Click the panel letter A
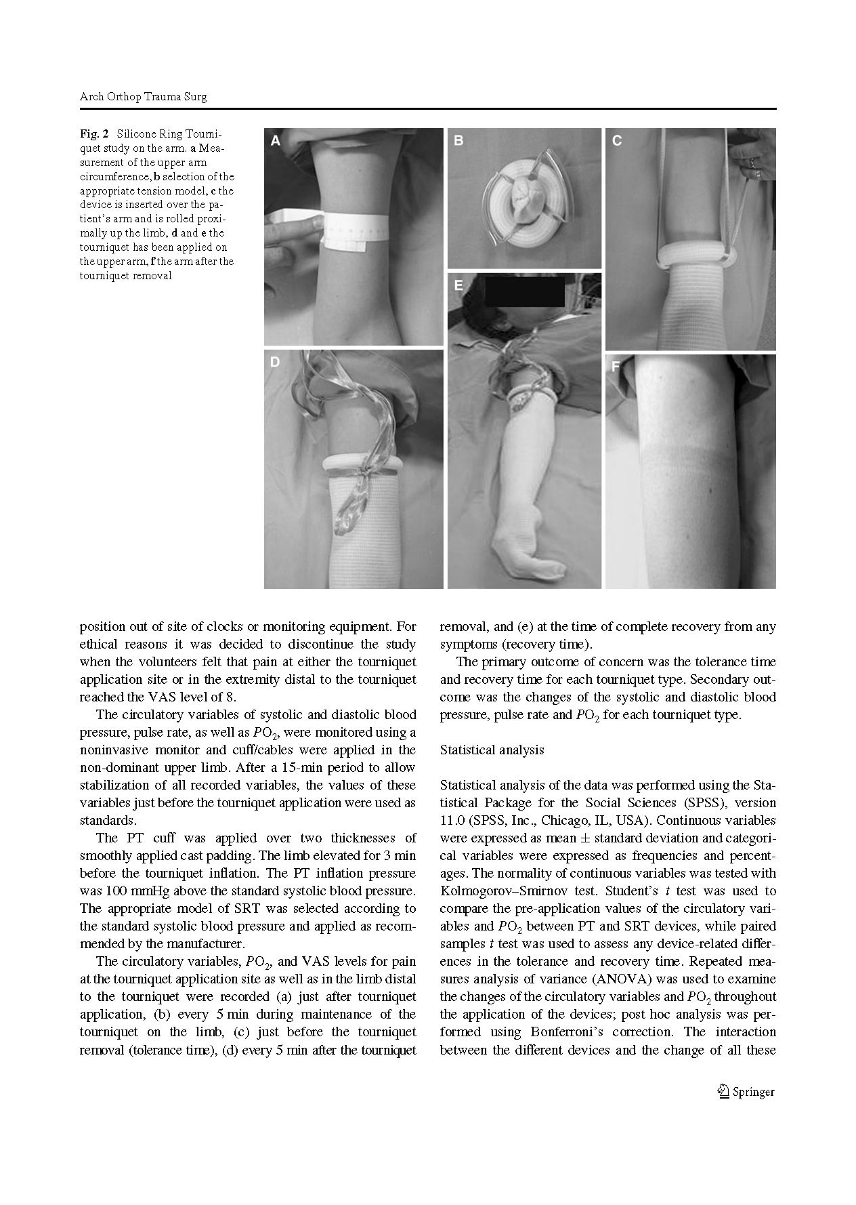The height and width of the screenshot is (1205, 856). click(276, 141)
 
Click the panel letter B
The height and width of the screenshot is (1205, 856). click(458, 141)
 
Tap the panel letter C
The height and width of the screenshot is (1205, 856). click(617, 141)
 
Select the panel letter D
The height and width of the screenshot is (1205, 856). click(275, 362)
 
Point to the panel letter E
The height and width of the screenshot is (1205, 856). click(458, 286)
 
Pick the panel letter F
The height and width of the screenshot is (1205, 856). click(616, 367)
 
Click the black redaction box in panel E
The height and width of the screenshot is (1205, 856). click(524, 291)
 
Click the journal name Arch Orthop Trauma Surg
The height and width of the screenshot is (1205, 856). click(143, 96)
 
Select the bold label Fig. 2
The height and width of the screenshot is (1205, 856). click(94, 134)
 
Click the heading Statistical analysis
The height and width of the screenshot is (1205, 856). click(492, 750)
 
